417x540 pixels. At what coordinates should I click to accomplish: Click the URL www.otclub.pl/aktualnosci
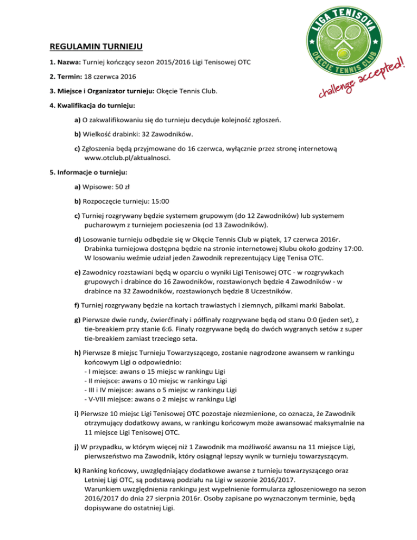pyautogui.click(x=128, y=158)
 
